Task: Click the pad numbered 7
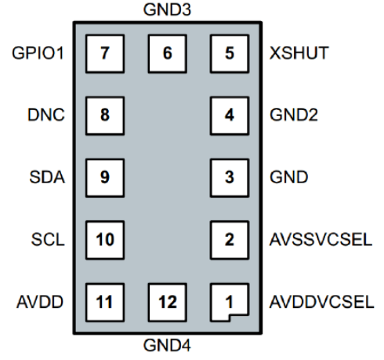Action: pos(105,53)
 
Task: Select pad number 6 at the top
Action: pos(167,53)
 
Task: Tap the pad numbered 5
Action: pos(230,53)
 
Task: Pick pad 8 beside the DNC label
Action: pos(105,116)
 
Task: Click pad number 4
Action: pos(230,116)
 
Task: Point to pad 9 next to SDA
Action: pos(105,178)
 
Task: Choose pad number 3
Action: pos(230,178)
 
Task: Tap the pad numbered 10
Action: pos(105,240)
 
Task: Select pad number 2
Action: pos(230,240)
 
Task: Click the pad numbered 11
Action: pos(105,302)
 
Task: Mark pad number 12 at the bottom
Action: pos(167,302)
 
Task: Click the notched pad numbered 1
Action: pos(230,300)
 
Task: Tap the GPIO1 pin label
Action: pos(38,53)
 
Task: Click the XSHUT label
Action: pos(299,53)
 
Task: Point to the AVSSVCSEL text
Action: pos(321,239)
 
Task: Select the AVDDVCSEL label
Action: pos(321,302)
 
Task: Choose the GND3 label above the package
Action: pos(167,9)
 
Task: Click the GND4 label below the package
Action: pos(167,345)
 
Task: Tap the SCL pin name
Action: pos(48,239)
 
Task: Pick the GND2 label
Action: pos(294,115)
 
